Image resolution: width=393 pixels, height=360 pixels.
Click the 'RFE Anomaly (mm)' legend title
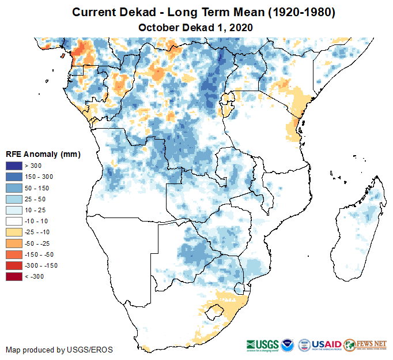tap(43, 155)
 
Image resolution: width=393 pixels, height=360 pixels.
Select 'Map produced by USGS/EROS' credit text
tap(59, 350)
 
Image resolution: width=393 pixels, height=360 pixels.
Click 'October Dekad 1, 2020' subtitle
tap(196, 27)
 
